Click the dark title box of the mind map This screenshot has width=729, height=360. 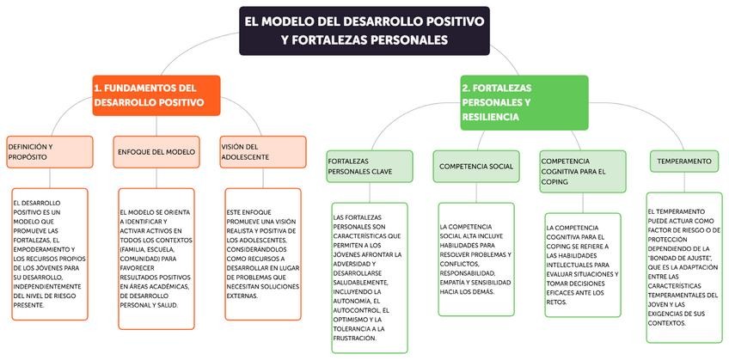click(x=364, y=30)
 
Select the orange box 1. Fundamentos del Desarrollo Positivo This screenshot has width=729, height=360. click(x=156, y=95)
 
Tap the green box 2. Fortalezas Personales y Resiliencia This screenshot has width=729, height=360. click(x=524, y=101)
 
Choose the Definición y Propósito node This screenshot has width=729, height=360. click(x=49, y=151)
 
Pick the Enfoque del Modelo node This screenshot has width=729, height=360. click(x=156, y=151)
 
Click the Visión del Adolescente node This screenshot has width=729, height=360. click(x=262, y=151)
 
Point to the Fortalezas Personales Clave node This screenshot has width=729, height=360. click(x=368, y=166)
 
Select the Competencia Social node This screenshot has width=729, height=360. click(x=475, y=166)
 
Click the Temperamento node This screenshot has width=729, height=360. click(x=684, y=161)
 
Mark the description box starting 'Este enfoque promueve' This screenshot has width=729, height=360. click(x=262, y=254)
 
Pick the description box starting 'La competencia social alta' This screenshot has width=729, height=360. click(x=475, y=260)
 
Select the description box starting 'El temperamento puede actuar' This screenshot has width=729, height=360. click(x=684, y=266)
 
